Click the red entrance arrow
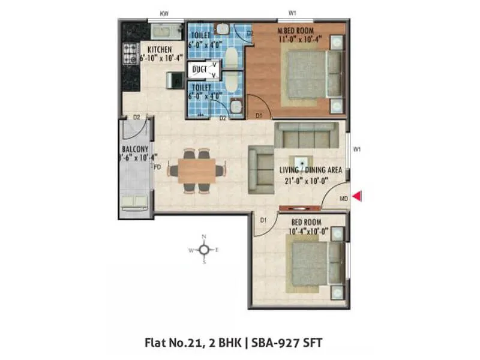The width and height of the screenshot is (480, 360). [x=356, y=196]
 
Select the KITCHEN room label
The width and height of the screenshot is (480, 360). [x=155, y=49]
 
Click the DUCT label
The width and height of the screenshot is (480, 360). [x=199, y=70]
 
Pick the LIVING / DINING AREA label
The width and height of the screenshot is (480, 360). [x=311, y=170]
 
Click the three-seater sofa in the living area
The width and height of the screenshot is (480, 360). [x=303, y=137]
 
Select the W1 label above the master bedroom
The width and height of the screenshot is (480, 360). [x=292, y=13]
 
